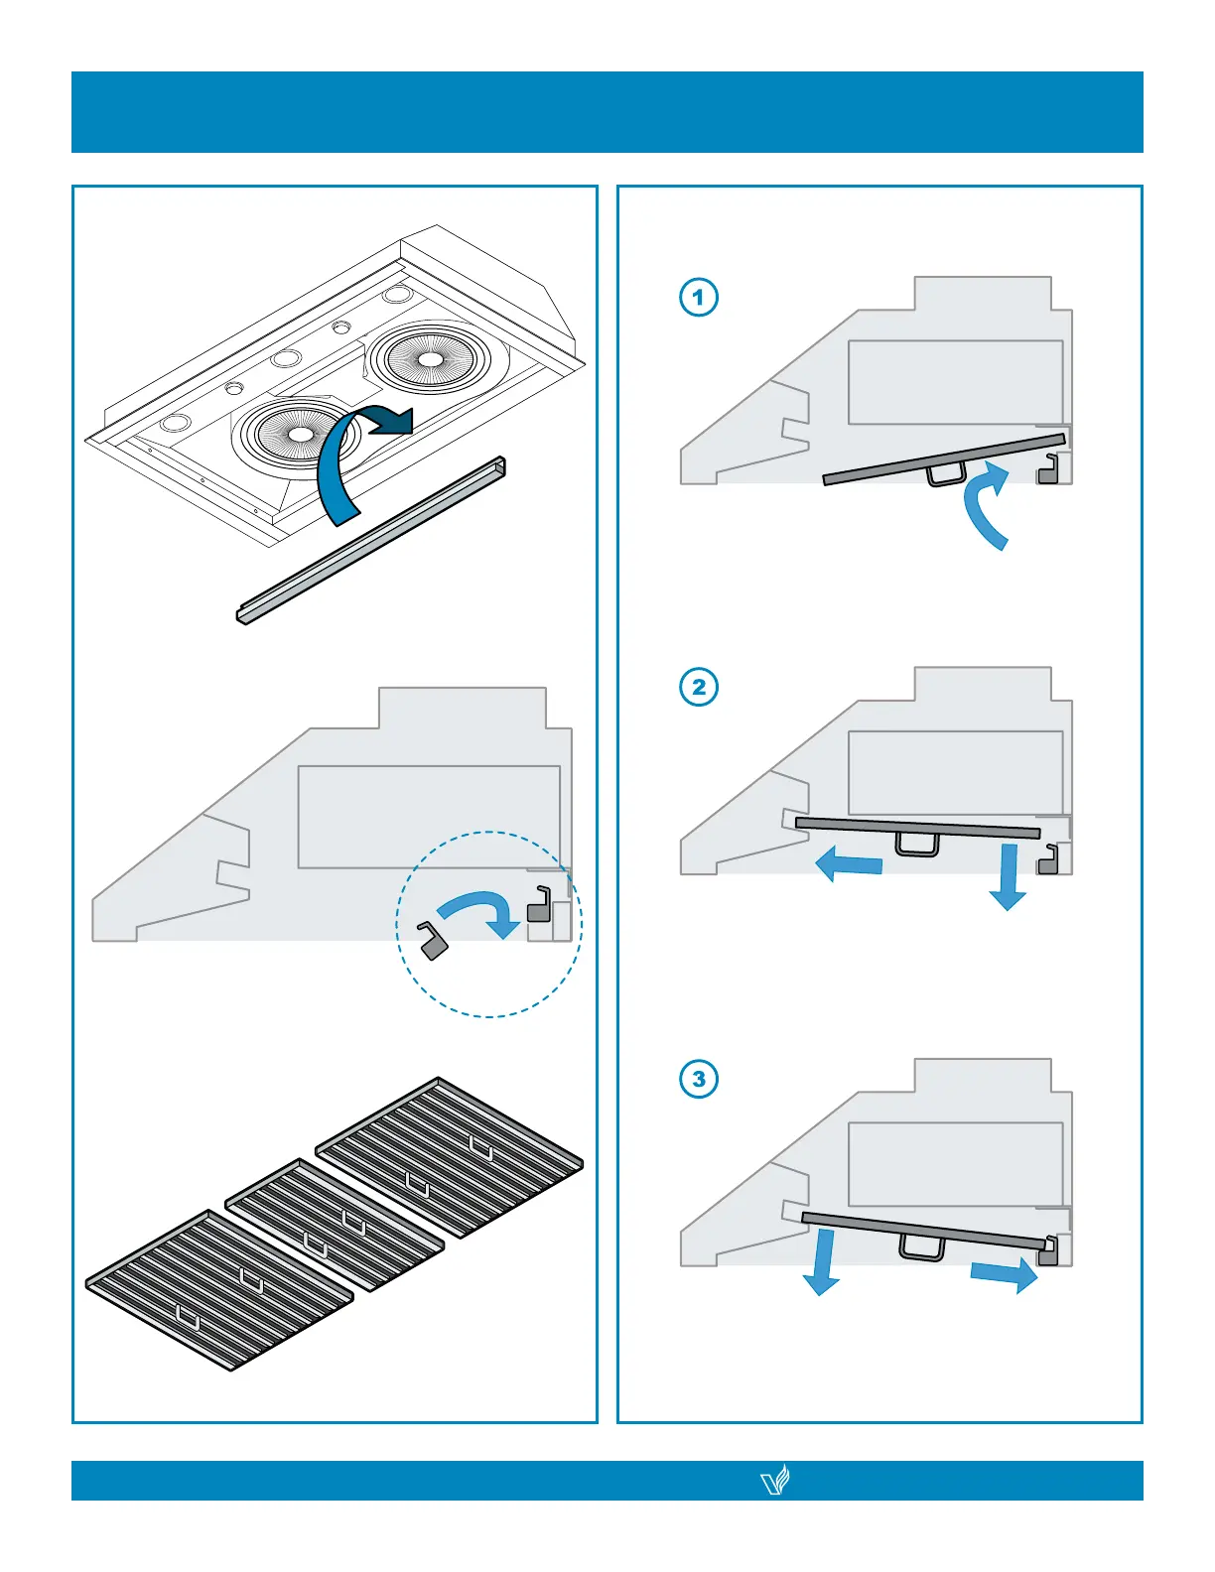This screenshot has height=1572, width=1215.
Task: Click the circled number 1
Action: pyautogui.click(x=699, y=297)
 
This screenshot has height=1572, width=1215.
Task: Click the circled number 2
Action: pyautogui.click(x=699, y=687)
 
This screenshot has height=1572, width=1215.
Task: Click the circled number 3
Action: pyautogui.click(x=699, y=1079)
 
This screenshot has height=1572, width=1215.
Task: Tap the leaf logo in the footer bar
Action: pyautogui.click(x=774, y=1481)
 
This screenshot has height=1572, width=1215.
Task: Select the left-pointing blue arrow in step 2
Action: pyautogui.click(x=849, y=864)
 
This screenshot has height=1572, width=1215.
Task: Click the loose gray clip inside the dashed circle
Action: pyautogui.click(x=433, y=941)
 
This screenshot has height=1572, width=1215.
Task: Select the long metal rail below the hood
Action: pyautogui.click(x=372, y=541)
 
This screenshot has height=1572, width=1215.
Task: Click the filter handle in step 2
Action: pyautogui.click(x=917, y=845)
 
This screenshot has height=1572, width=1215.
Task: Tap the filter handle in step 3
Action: pyautogui.click(x=922, y=1248)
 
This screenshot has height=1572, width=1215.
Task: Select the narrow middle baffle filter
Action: pyautogui.click(x=335, y=1224)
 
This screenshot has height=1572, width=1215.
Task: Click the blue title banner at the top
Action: pyautogui.click(x=607, y=112)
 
